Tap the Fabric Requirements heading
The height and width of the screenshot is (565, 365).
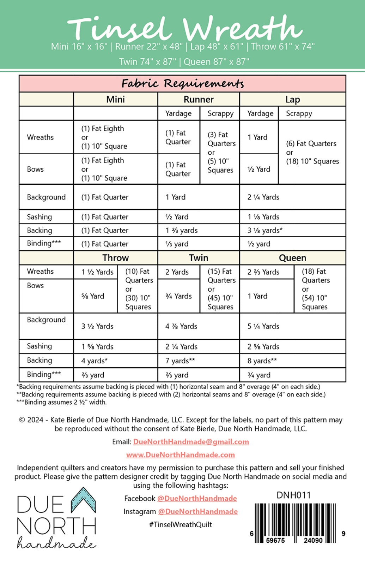(x=182, y=84)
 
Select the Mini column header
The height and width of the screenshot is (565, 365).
(x=116, y=99)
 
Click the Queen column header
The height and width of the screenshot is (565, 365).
(x=292, y=258)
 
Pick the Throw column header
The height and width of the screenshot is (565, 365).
(x=116, y=258)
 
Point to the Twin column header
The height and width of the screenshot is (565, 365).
(x=199, y=258)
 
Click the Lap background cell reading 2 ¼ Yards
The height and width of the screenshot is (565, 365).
(x=263, y=197)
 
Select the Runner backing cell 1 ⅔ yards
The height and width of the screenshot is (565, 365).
(x=182, y=230)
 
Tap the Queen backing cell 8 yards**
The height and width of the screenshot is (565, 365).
(x=262, y=361)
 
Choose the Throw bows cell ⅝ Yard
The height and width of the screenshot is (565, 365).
(x=93, y=296)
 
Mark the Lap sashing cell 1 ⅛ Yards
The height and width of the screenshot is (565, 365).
(x=263, y=217)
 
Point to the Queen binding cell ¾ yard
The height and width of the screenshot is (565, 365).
(x=259, y=375)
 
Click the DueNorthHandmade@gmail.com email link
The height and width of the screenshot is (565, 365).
(x=191, y=442)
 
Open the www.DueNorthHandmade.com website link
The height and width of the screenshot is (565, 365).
(x=181, y=455)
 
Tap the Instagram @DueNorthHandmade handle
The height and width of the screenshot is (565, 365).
(x=198, y=511)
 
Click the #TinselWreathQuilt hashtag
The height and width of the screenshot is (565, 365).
(x=181, y=524)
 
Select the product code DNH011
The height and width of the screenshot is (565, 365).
(x=293, y=495)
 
